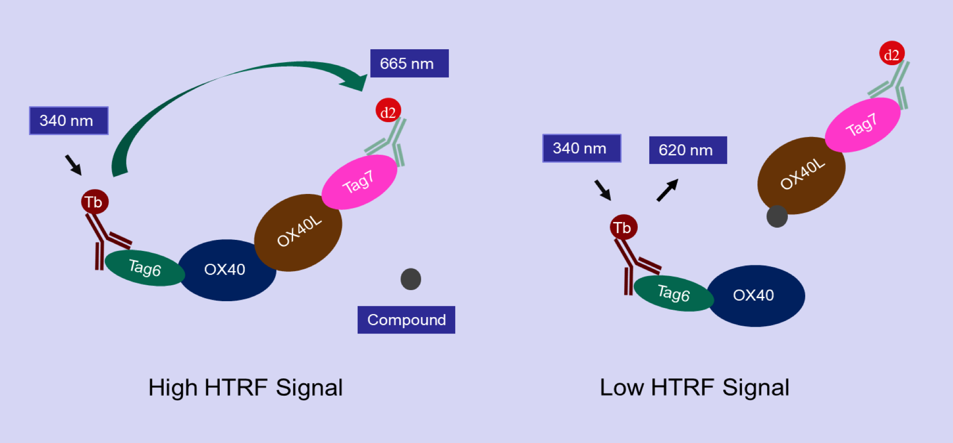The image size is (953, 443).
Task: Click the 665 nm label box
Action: pyautogui.click(x=409, y=63)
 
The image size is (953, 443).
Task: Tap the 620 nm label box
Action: pyautogui.click(x=687, y=150)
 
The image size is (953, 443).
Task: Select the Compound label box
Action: pyautogui.click(x=406, y=319)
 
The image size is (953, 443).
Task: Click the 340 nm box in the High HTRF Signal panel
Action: pyautogui.click(x=69, y=121)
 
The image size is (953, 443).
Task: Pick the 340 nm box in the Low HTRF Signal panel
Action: pyautogui.click(x=581, y=148)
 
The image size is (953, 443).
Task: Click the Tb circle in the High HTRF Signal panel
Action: pyautogui.click(x=95, y=202)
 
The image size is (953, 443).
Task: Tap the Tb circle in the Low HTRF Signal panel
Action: pyautogui.click(x=623, y=227)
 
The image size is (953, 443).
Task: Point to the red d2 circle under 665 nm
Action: pyautogui.click(x=388, y=111)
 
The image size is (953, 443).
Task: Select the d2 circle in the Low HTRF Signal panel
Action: pyautogui.click(x=891, y=54)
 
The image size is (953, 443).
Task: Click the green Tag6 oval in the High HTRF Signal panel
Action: pyautogui.click(x=144, y=268)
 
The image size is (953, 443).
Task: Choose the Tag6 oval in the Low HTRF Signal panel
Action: pyautogui.click(x=673, y=293)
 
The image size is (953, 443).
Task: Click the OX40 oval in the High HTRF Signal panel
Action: pyautogui.click(x=226, y=270)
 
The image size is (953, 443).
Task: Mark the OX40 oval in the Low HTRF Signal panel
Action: pyautogui.click(x=756, y=295)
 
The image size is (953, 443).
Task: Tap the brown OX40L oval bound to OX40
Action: pyautogui.click(x=298, y=232)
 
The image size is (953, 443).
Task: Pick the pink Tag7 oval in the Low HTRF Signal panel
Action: pyautogui.click(x=862, y=125)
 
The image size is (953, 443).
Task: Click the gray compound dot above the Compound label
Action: pyautogui.click(x=411, y=279)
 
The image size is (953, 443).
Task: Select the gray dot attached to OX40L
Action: pyautogui.click(x=777, y=216)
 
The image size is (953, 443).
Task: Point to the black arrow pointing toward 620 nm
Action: pyautogui.click(x=668, y=190)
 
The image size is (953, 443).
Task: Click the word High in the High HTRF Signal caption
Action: pyautogui.click(x=172, y=388)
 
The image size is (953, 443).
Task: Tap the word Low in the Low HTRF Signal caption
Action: pyautogui.click(x=622, y=388)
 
